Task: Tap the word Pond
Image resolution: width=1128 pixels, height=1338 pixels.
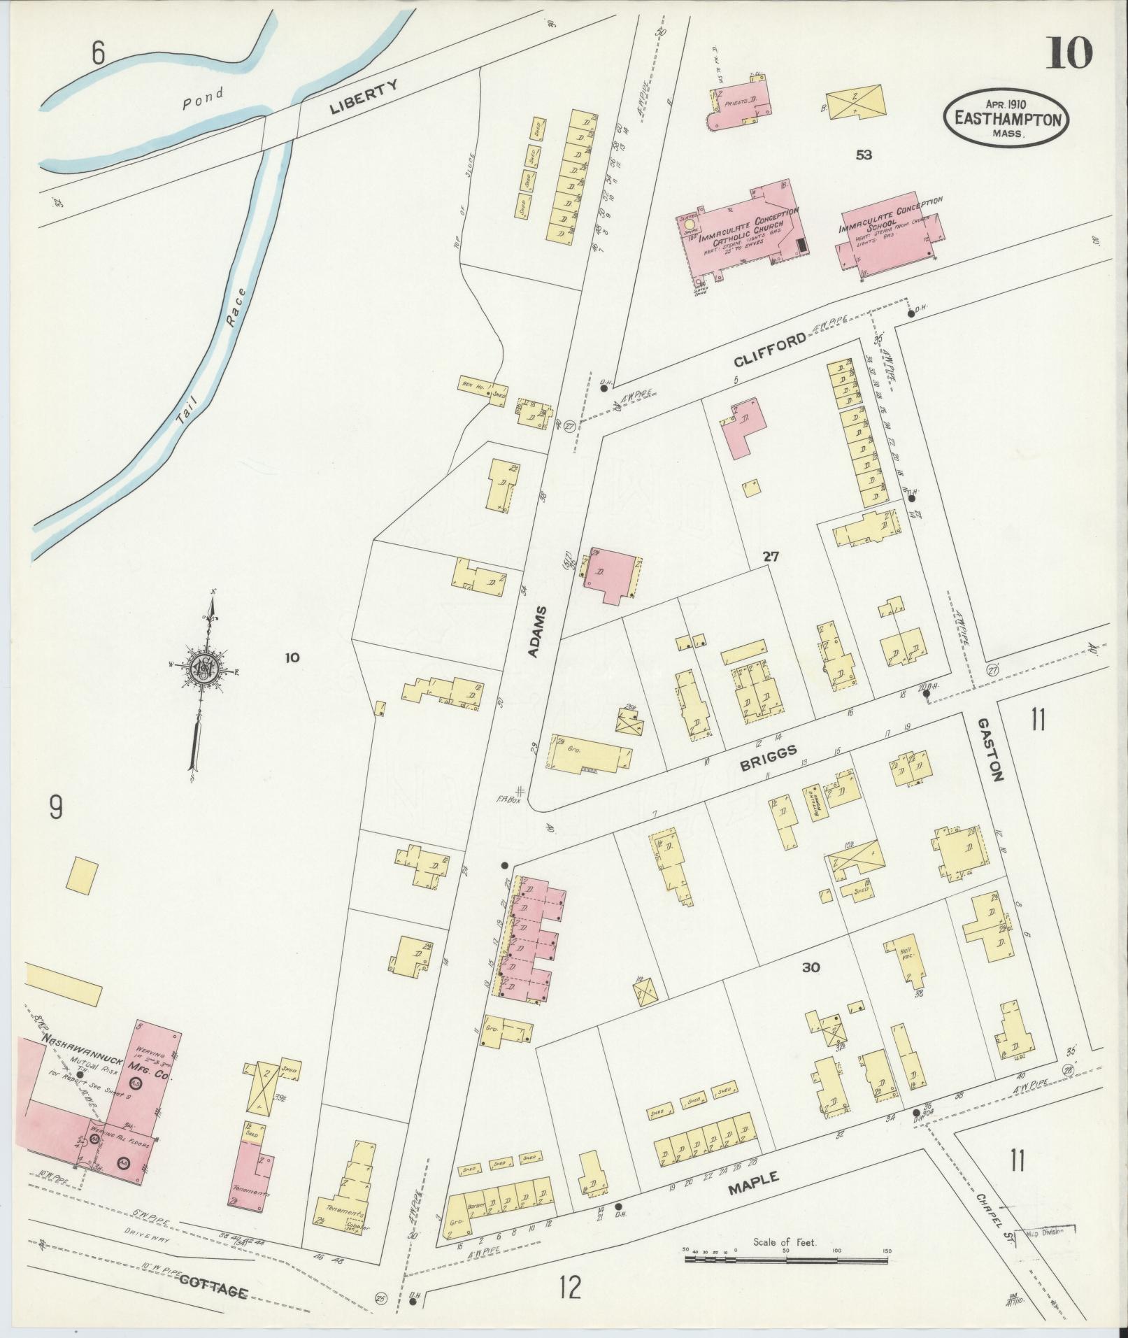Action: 204,97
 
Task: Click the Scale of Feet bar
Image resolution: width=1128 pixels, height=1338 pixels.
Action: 786,1258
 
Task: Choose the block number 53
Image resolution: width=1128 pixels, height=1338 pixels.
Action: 864,155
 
